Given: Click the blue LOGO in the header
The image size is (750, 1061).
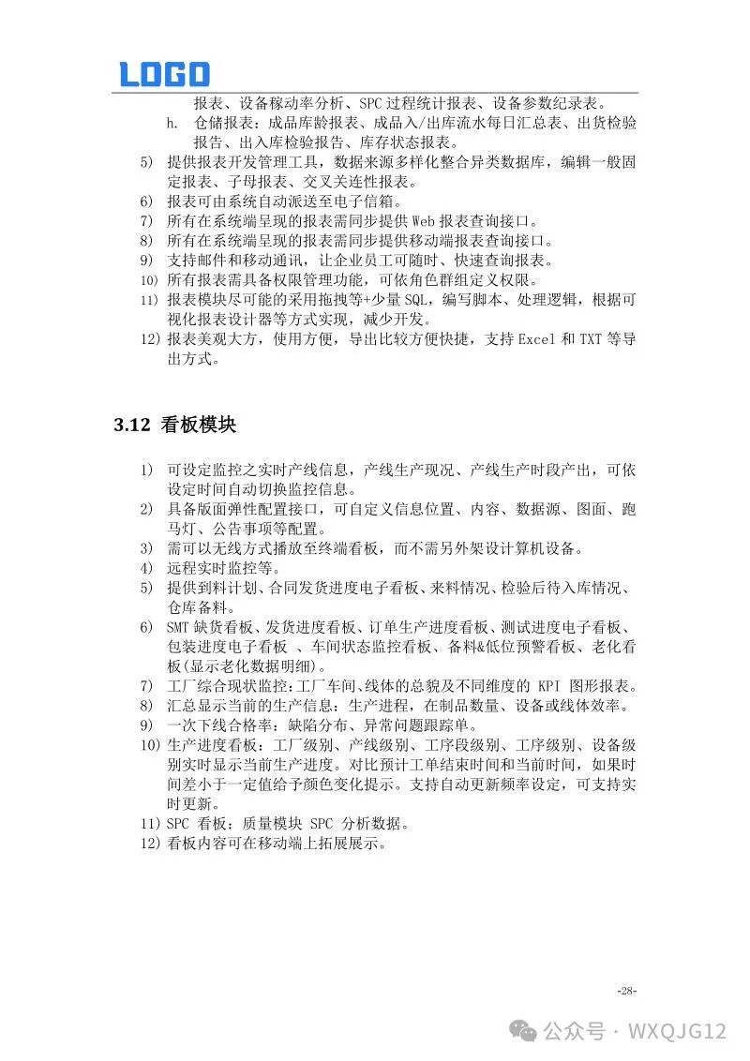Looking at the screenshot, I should [x=164, y=74].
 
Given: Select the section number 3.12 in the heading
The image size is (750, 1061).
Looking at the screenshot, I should [x=132, y=425].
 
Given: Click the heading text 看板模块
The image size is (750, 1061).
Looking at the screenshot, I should [x=198, y=425].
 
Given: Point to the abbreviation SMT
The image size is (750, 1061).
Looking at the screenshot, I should [x=178, y=627].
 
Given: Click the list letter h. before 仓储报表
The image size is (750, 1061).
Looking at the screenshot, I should [x=172, y=124].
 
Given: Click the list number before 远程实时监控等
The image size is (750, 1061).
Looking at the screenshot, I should [x=145, y=568].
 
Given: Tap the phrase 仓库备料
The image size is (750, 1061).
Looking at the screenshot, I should [x=198, y=607].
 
